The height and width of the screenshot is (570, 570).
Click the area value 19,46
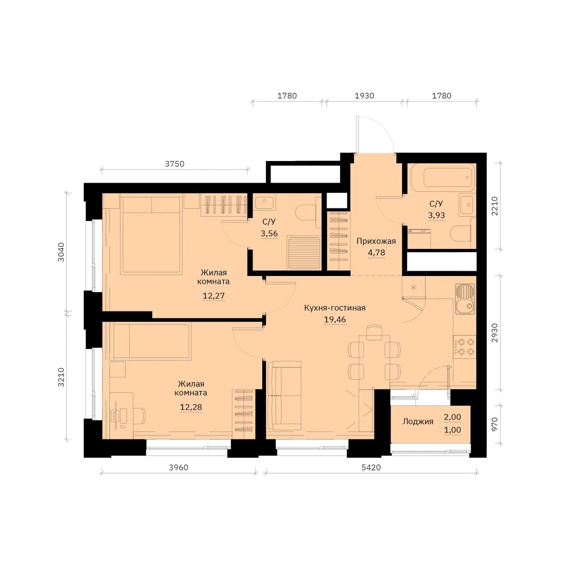335,320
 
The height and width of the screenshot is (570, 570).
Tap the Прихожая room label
376,241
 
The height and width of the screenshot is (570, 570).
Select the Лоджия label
418,421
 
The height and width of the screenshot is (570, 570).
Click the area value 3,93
437,215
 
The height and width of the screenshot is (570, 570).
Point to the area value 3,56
269,233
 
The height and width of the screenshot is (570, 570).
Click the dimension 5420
371,467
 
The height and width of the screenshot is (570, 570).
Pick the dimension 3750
174,163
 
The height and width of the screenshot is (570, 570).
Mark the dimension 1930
364,96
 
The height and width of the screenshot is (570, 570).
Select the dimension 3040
61,252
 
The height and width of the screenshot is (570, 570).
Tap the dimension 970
494,424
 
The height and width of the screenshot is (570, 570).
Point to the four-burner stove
465,347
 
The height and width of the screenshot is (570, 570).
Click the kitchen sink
465,299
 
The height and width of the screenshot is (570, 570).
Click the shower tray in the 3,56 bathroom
304,253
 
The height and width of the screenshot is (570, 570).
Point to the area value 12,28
191,407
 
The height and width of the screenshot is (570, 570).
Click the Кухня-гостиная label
335,308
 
